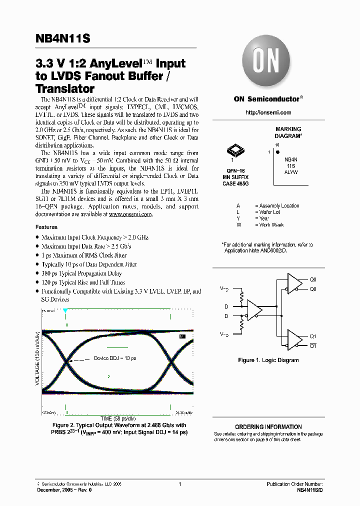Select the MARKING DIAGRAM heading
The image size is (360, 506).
(x=288, y=132)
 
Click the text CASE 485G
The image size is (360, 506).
(x=235, y=184)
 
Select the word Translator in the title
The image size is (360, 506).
(x=65, y=89)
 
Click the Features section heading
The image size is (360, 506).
(x=46, y=227)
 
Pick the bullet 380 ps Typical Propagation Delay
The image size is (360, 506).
(x=81, y=273)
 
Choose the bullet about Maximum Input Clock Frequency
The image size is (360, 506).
(x=94, y=237)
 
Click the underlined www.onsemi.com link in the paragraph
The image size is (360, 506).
(x=130, y=214)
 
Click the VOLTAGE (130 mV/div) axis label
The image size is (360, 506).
(x=38, y=360)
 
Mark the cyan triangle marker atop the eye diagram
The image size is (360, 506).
(x=65, y=311)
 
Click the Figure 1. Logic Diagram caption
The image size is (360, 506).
(x=268, y=360)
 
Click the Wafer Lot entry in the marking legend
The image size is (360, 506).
(x=269, y=212)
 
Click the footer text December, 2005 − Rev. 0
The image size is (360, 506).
(x=64, y=490)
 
